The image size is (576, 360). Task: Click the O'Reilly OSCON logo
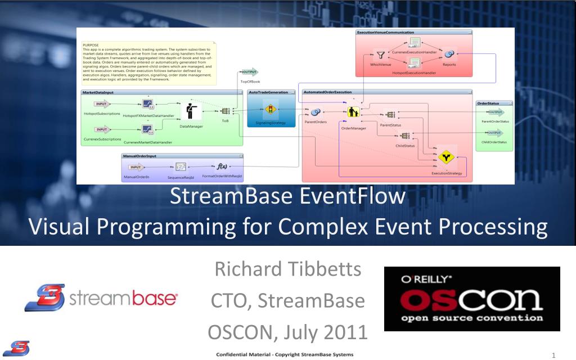coord(472,299)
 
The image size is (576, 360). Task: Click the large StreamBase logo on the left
coord(102,298)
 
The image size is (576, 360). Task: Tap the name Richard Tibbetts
coord(288,269)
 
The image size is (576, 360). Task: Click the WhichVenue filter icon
coord(381,55)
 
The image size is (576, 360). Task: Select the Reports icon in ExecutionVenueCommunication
coord(449,53)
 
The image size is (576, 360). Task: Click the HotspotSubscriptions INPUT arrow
coord(102,103)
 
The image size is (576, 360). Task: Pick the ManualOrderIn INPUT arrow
coord(136,167)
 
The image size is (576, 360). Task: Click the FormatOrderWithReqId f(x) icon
coord(222,166)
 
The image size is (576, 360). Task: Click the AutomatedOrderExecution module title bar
coord(387,92)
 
